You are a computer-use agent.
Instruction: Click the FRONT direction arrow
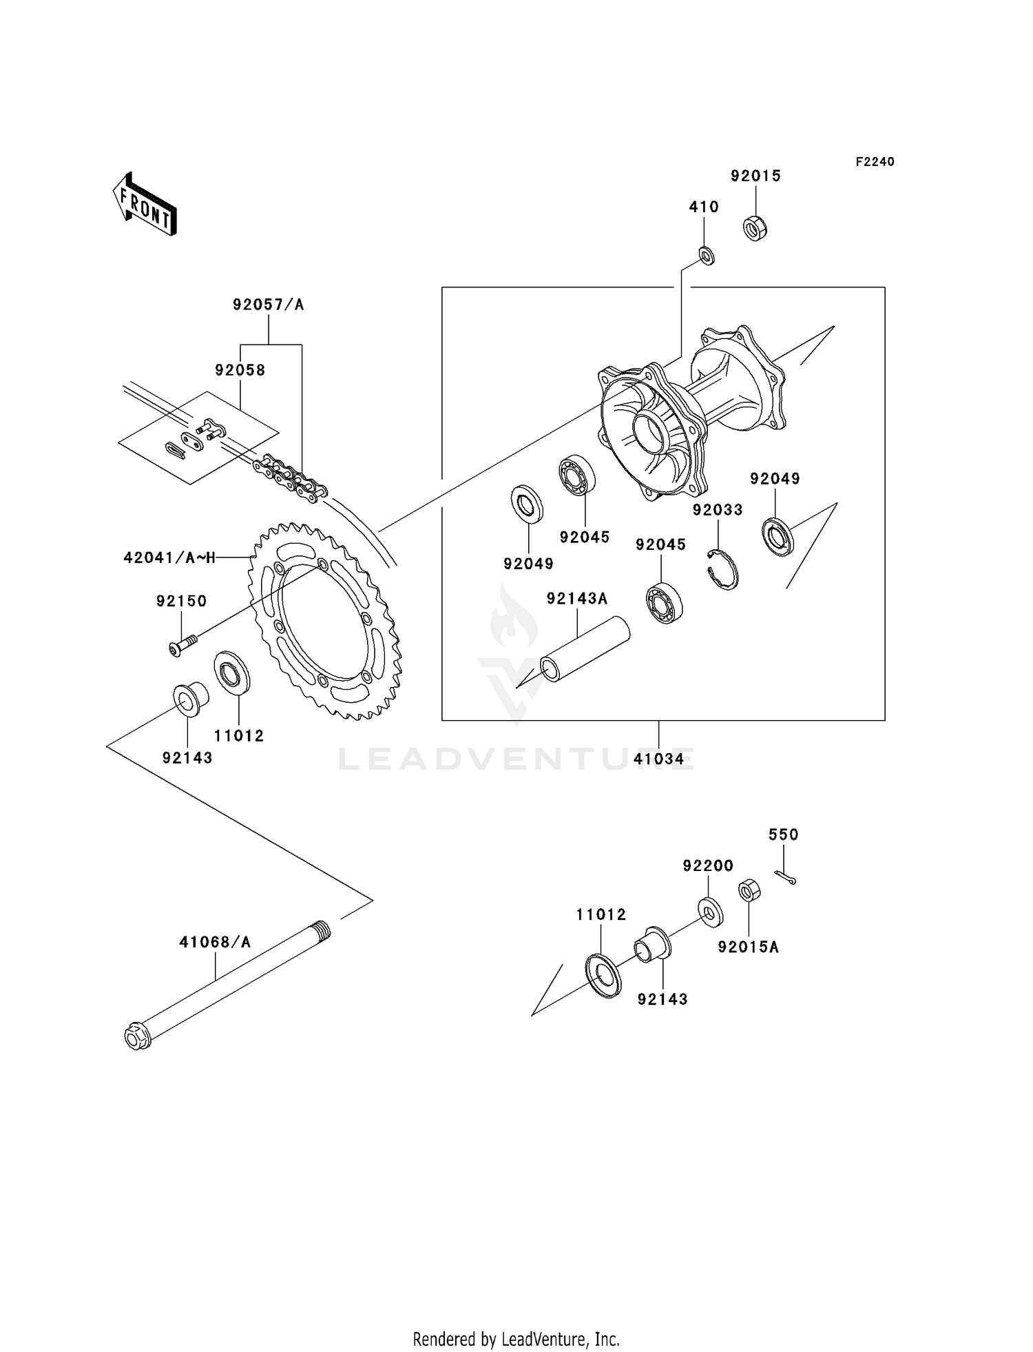click(145, 205)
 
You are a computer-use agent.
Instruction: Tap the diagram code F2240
click(875, 162)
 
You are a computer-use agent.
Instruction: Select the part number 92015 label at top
click(755, 176)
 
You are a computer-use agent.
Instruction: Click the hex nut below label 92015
click(755, 228)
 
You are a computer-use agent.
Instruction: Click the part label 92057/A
click(268, 304)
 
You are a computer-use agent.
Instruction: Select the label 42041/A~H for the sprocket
click(169, 557)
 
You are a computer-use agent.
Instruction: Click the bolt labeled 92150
click(181, 645)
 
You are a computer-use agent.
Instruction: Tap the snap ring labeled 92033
click(723, 571)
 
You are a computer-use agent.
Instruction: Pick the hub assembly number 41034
click(659, 759)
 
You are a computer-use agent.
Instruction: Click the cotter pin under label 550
click(785, 877)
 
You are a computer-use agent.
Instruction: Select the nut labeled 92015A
click(749, 891)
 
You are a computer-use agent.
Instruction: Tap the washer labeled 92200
click(709, 910)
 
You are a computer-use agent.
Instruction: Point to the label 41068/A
click(215, 941)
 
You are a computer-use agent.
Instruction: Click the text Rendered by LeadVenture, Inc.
click(516, 1339)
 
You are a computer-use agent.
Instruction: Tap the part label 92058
click(240, 370)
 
